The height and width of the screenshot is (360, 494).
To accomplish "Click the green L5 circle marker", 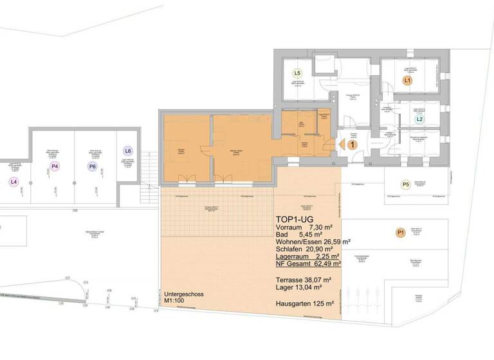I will (297, 73).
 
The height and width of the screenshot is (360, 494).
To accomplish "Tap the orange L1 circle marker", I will (407, 81).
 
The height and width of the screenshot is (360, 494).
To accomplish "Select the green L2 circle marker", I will (419, 120).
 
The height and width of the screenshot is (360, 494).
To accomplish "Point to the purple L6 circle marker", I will (127, 152).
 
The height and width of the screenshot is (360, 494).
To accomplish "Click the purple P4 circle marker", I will (54, 167).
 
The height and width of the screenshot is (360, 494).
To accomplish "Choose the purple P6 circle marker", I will (93, 167).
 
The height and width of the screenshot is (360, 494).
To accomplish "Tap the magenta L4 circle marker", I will (13, 182).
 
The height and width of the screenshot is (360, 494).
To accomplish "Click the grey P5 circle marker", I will (405, 185).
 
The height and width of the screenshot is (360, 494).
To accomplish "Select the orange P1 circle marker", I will (400, 232).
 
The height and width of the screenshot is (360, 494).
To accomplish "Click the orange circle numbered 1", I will (352, 145).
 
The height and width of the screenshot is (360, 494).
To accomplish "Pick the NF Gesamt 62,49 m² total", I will (308, 263).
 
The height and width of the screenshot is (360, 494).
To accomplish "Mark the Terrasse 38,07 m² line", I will (304, 280).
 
